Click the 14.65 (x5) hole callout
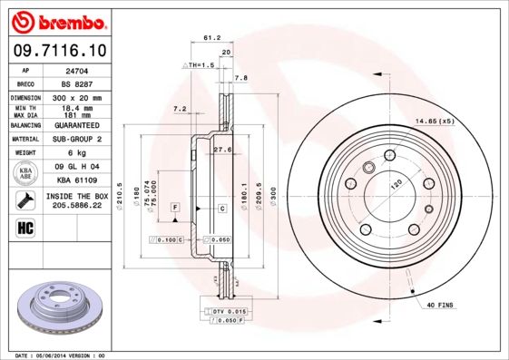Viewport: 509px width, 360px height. tap(434, 121)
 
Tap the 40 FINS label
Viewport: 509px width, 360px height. tap(440, 306)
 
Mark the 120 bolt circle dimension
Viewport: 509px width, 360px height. tap(396, 183)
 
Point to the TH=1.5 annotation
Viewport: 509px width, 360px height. tap(200, 65)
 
